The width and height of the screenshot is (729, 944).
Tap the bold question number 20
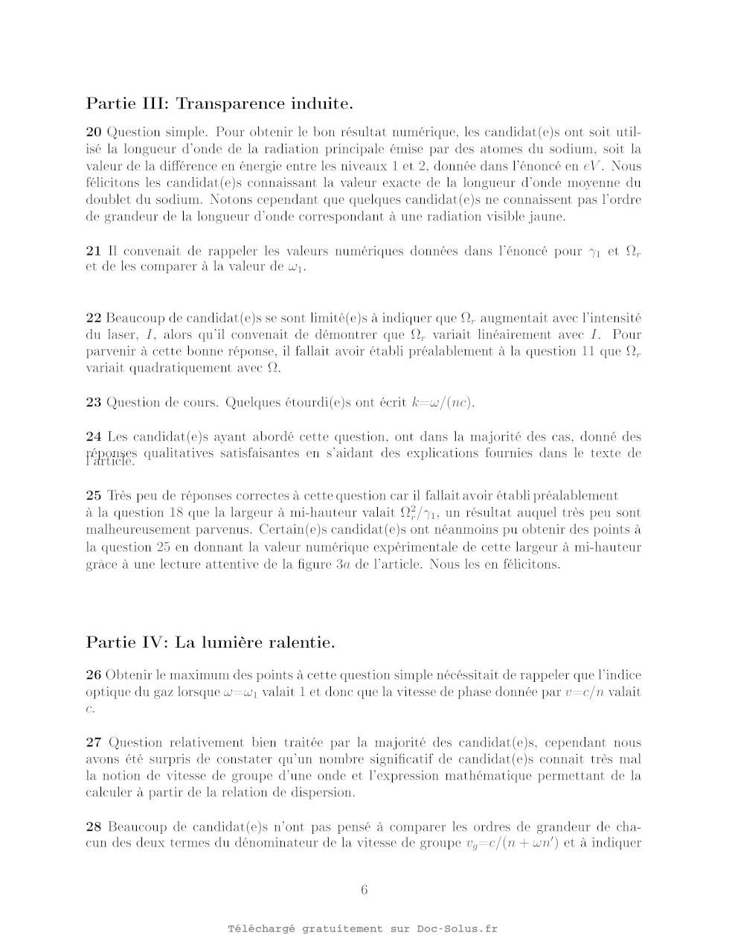point(94,133)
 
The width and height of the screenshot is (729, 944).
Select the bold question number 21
point(94,251)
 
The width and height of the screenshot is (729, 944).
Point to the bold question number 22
point(94,318)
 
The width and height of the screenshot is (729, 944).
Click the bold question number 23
point(94,403)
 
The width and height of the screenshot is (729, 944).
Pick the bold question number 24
point(94,437)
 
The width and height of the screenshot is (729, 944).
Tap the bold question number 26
point(94,675)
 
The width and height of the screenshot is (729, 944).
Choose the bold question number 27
point(94,742)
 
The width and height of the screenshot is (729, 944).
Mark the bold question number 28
point(94,827)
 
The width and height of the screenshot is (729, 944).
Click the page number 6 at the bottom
point(364,890)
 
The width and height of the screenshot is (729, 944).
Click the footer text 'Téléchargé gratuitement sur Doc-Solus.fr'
point(364,929)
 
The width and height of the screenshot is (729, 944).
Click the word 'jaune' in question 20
point(548,217)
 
